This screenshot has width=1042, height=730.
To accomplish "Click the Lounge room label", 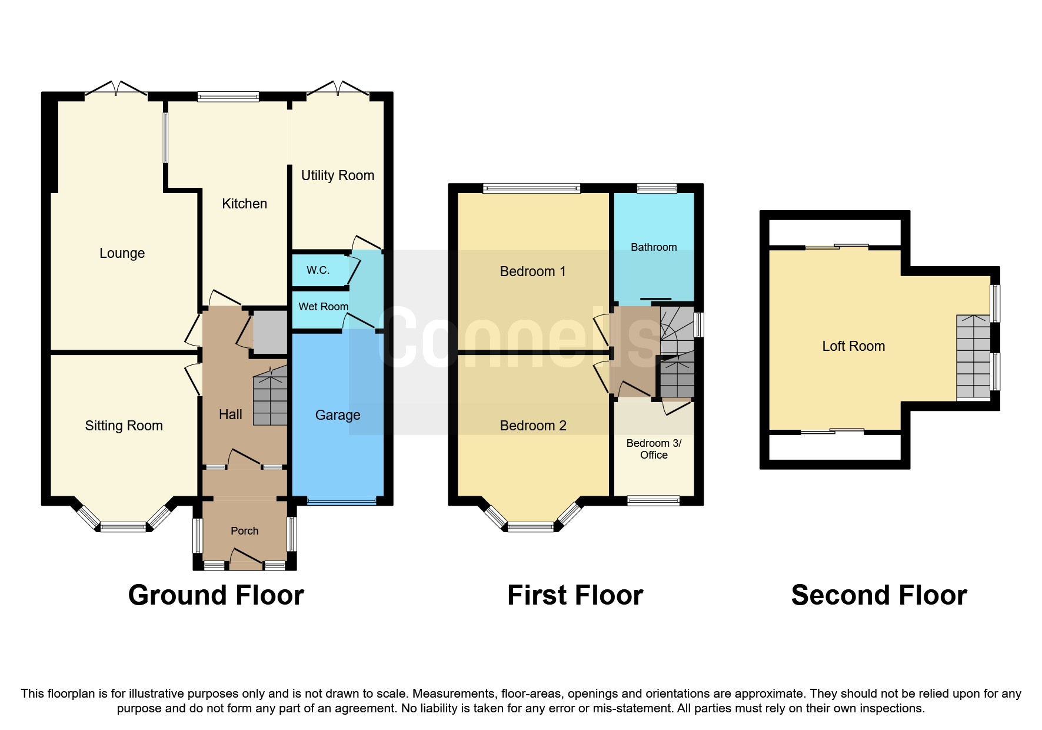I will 122,253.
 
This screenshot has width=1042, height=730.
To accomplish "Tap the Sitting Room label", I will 124,426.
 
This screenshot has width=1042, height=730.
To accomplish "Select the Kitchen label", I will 244,204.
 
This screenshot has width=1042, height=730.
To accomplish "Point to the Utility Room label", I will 337,175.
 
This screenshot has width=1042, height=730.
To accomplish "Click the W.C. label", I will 318,270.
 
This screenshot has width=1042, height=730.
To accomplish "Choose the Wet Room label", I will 323,307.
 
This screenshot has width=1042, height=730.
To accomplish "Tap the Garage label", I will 337,415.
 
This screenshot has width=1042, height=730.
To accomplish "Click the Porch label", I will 244,531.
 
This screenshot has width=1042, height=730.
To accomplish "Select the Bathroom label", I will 653,247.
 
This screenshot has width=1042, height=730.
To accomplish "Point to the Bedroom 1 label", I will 532,271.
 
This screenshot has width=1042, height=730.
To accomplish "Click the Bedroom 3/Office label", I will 653,449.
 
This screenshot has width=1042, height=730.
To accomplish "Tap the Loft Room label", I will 853,346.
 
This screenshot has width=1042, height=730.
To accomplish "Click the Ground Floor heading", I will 216,595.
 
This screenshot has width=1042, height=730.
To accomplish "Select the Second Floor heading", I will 878,595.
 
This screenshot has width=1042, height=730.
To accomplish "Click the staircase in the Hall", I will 270,397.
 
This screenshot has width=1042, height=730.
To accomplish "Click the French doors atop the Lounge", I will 116,89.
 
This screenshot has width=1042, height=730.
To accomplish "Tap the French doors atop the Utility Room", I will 338,89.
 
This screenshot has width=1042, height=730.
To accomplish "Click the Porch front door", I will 245,560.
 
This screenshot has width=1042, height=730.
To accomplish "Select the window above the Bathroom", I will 657,188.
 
